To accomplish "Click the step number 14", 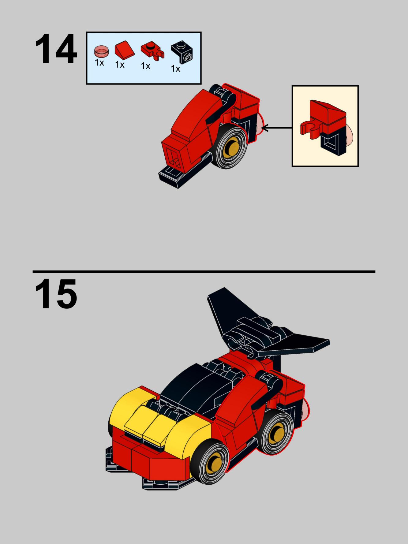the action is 56,49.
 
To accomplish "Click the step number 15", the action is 56,294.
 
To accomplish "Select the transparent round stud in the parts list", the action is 101,51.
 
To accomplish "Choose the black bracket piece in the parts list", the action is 182,52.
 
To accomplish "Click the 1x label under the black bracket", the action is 175,69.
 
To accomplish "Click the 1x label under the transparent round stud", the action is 99,63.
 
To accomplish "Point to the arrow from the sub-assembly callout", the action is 277,128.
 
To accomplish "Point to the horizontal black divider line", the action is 204,272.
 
